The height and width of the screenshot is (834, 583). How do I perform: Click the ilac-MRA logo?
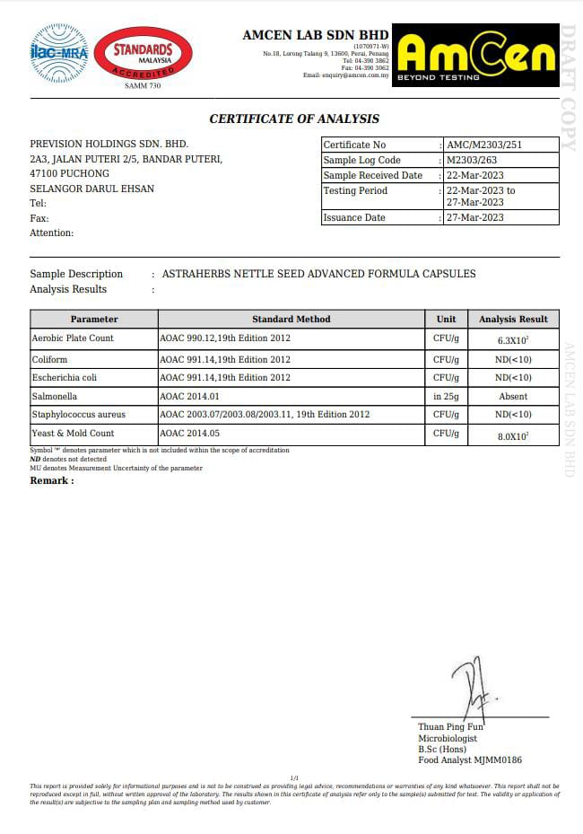[x=59, y=54]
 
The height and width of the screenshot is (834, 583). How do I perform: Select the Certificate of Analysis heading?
[x=294, y=119]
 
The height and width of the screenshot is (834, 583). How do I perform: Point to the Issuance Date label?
[x=354, y=217]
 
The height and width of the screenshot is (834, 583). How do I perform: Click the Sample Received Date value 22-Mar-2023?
[x=475, y=175]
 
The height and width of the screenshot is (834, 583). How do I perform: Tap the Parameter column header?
[x=94, y=319]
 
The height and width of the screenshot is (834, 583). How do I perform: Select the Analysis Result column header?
[x=513, y=319]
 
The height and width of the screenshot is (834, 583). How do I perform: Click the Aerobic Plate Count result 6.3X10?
[x=513, y=340]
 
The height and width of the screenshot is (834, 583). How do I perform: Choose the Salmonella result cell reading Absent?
[x=513, y=396]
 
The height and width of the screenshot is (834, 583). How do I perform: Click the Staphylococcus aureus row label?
[x=79, y=415]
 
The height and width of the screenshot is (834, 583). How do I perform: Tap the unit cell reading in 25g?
[x=446, y=396]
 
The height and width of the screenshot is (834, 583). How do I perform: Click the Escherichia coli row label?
[x=65, y=377]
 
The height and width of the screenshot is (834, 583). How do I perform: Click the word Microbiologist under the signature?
[x=448, y=738]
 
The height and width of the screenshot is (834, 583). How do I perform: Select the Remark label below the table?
[x=52, y=480]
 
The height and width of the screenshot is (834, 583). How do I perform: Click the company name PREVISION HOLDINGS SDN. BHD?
[x=109, y=144]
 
